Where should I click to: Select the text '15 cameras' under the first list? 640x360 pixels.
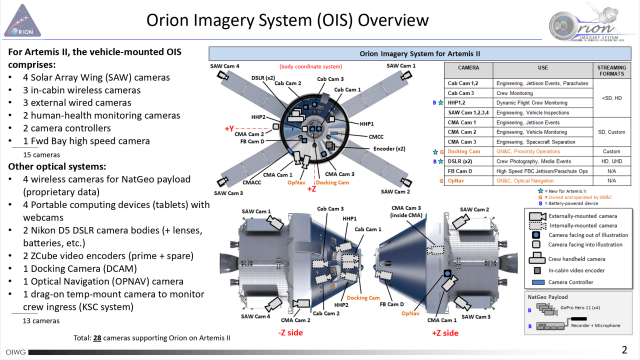coord(41,155)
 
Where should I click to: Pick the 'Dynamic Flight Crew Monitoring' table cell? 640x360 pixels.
coord(541,100)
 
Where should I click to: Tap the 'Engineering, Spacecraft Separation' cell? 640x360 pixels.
coord(540,145)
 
